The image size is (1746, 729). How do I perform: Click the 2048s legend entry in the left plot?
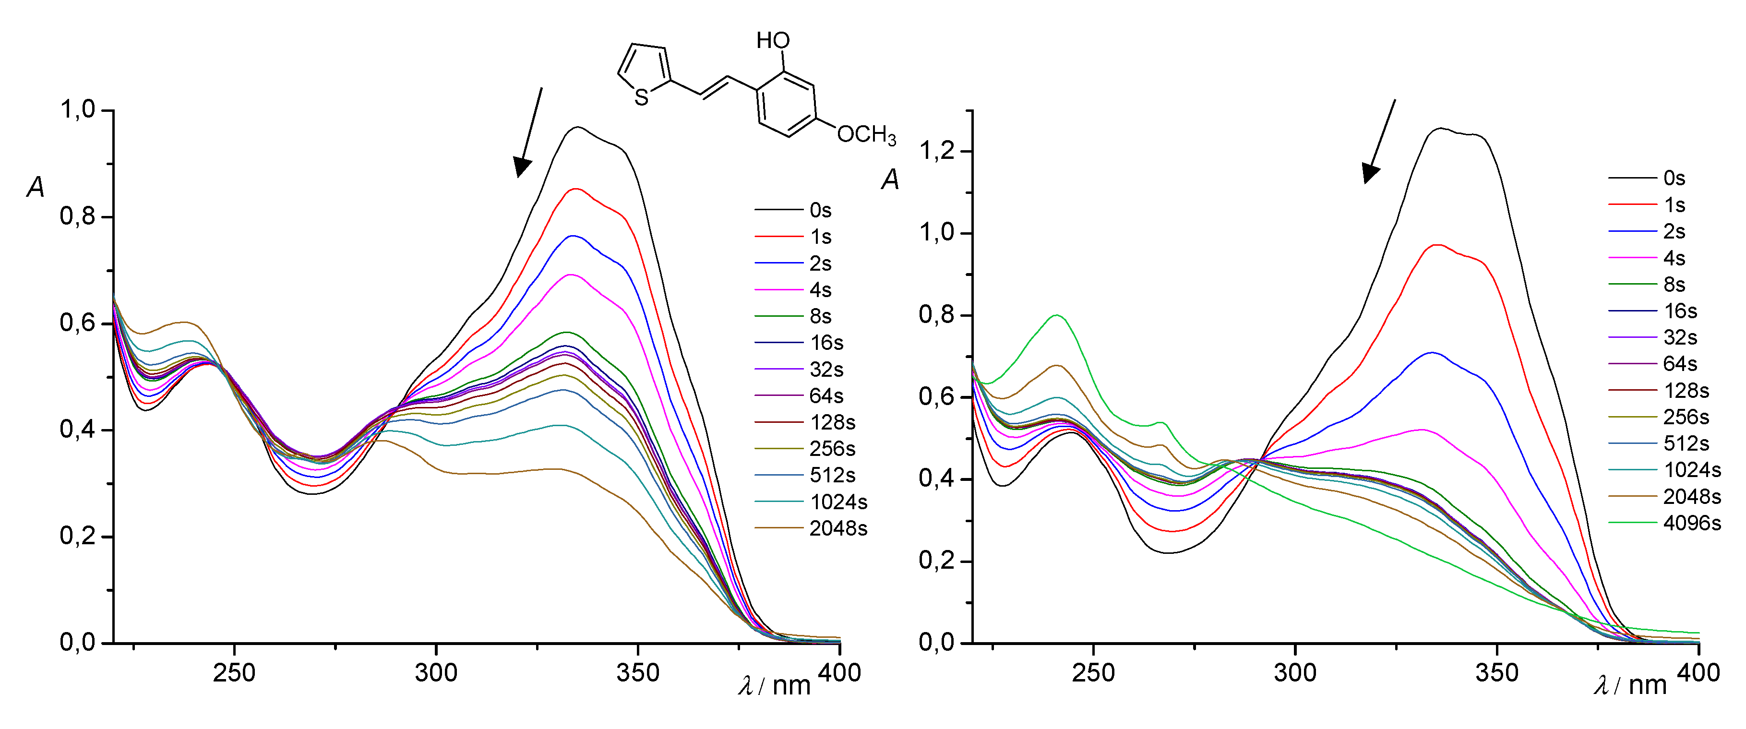pyautogui.click(x=838, y=528)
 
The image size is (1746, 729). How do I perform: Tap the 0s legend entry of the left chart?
pyautogui.click(x=820, y=210)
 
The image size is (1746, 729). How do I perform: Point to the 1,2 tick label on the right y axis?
pyautogui.click(x=937, y=150)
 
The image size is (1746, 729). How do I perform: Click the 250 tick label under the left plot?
pyautogui.click(x=234, y=673)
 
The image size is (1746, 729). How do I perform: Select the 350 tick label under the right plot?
pyautogui.click(x=1496, y=673)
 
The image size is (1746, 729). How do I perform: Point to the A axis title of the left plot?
pyautogui.click(x=35, y=187)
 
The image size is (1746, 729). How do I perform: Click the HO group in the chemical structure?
pyautogui.click(x=773, y=41)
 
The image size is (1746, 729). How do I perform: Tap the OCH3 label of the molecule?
pyautogui.click(x=866, y=135)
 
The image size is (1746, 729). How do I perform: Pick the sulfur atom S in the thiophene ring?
pyautogui.click(x=641, y=98)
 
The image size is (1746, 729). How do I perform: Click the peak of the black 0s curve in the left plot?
pyautogui.click(x=577, y=127)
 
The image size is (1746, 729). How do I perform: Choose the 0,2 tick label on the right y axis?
pyautogui.click(x=937, y=561)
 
